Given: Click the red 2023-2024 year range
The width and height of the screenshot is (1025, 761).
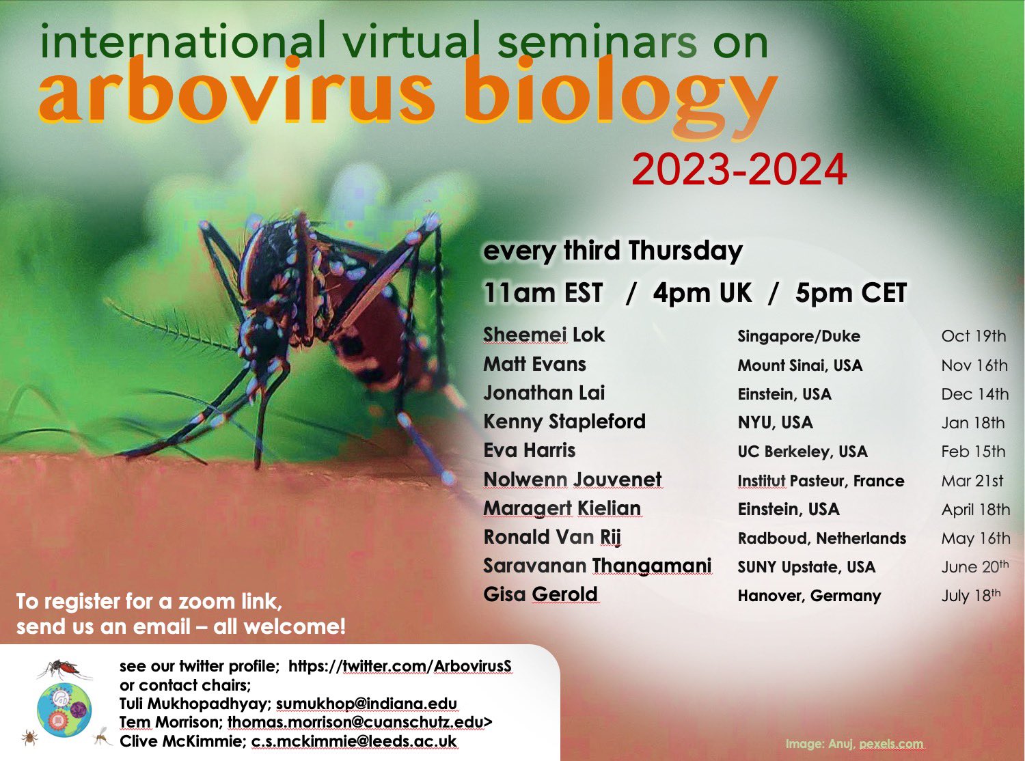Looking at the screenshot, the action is pyautogui.click(x=739, y=170).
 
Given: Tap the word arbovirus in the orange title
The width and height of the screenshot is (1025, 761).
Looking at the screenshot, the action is pyautogui.click(x=236, y=91).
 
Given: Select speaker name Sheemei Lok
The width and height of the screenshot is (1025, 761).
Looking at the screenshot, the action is pyautogui.click(x=543, y=335).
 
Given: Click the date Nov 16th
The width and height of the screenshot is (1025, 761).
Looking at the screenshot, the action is pyautogui.click(x=974, y=365).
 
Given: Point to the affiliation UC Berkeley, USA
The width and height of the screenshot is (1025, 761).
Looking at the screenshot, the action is pyautogui.click(x=802, y=452).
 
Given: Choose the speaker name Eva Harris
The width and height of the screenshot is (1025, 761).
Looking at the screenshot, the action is pyautogui.click(x=529, y=450).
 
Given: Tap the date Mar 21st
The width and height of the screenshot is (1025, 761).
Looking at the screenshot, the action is pyautogui.click(x=972, y=480).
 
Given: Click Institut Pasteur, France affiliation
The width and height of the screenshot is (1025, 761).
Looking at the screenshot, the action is pyautogui.click(x=821, y=481).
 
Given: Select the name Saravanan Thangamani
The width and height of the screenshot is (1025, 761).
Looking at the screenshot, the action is pyautogui.click(x=597, y=566).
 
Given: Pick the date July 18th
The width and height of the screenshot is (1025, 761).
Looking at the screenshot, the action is pyautogui.click(x=971, y=595).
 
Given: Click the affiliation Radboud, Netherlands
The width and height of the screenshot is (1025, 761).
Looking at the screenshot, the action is pyautogui.click(x=821, y=538).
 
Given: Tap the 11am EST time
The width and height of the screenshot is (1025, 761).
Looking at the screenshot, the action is pyautogui.click(x=543, y=293).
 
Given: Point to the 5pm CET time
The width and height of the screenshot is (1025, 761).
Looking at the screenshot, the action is pyautogui.click(x=851, y=293).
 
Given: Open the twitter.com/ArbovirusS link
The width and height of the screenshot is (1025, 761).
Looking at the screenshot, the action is pyautogui.click(x=400, y=666).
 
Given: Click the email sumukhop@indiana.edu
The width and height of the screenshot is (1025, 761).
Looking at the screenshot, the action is pyautogui.click(x=366, y=703).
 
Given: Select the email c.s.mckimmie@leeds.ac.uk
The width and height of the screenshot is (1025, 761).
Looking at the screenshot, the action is pyautogui.click(x=354, y=741).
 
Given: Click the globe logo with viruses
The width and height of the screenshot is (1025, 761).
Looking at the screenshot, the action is pyautogui.click(x=64, y=710).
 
